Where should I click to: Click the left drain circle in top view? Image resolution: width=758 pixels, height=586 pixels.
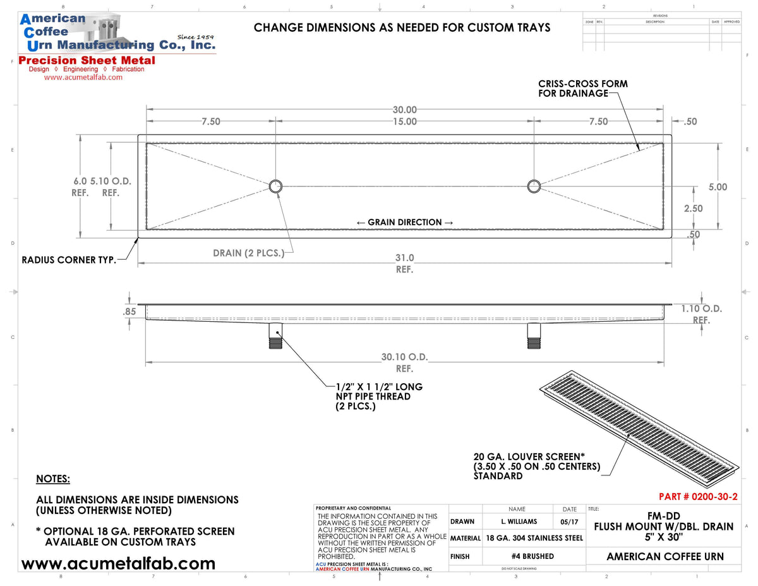[276, 186]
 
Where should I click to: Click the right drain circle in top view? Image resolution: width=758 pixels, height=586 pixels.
[534, 185]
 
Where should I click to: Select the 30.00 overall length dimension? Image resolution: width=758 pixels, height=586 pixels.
[404, 110]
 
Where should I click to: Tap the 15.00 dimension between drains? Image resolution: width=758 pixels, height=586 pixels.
[404, 121]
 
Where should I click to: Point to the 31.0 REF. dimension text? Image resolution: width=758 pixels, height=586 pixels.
[404, 258]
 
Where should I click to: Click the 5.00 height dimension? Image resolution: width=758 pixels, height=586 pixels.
[718, 187]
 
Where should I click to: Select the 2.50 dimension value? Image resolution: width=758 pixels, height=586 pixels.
[693, 208]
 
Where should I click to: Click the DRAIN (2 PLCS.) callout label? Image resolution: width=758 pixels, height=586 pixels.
[248, 253]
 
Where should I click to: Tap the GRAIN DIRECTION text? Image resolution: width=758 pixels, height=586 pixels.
[404, 223]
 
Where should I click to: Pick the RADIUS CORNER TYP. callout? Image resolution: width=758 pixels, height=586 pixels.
[69, 260]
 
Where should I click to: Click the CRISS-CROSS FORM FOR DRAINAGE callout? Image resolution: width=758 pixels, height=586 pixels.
[582, 89]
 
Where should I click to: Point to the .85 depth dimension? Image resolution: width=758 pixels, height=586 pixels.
[129, 312]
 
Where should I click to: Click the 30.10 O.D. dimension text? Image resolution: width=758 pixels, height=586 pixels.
[404, 357]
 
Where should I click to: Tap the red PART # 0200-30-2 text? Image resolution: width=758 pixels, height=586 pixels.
[697, 497]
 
